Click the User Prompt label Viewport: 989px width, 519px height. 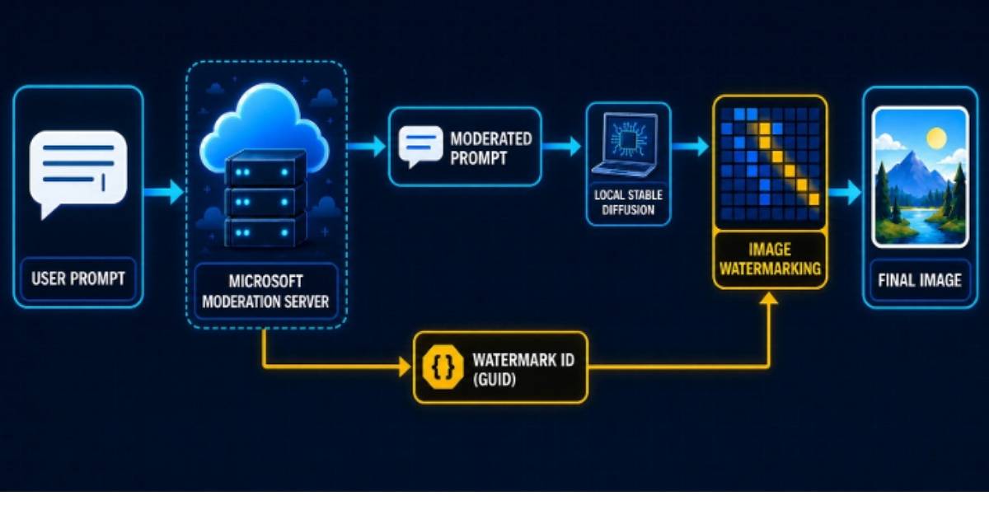pos(78,278)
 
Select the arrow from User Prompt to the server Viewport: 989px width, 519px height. pos(164,193)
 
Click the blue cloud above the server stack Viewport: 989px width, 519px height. pos(264,128)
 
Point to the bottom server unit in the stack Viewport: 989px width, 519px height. pos(265,231)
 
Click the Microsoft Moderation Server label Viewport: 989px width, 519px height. pos(265,292)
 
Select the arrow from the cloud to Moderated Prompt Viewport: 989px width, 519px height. pos(367,146)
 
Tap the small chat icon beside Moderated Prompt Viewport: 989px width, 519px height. pos(420,146)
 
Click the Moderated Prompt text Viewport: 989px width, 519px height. pos(491,148)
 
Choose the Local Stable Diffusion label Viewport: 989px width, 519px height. pos(628,203)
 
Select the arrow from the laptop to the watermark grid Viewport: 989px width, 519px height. pos(690,146)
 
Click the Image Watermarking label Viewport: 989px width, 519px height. pos(770,259)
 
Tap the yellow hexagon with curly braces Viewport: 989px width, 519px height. pos(443,367)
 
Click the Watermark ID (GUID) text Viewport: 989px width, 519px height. pos(523,369)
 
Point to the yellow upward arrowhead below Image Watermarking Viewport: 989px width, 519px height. pos(769,298)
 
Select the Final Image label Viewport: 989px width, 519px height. pos(920,280)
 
